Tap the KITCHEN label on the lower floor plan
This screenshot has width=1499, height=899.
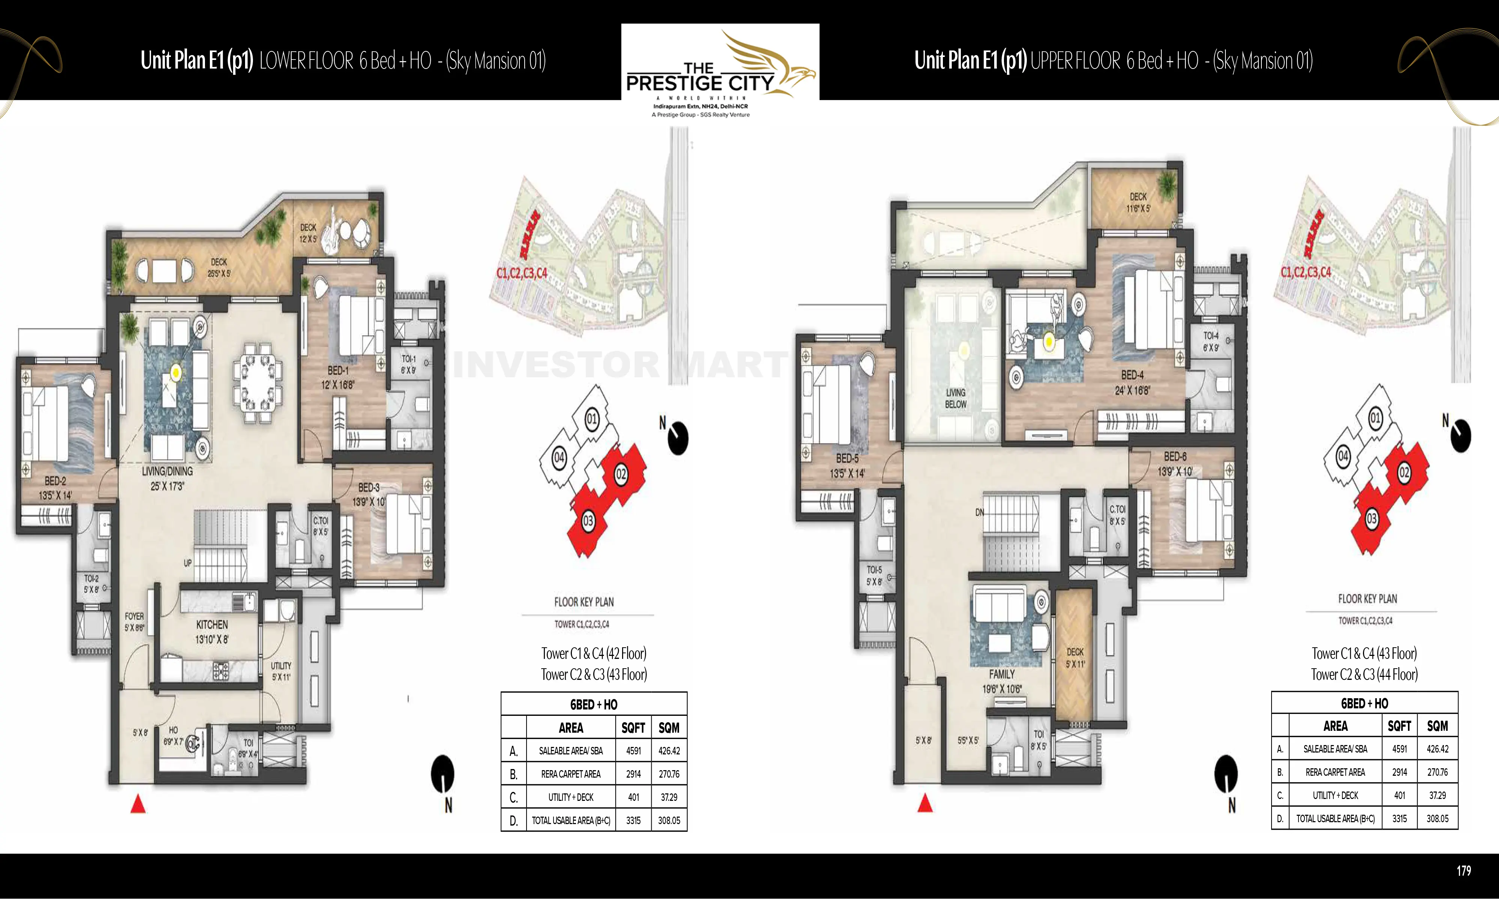(x=211, y=624)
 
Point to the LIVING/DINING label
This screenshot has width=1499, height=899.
(x=167, y=471)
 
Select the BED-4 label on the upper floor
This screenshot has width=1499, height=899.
(x=1132, y=375)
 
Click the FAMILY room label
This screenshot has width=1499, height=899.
(x=1002, y=674)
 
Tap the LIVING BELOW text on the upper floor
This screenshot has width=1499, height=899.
(x=956, y=398)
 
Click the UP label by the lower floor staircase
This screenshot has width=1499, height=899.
(x=188, y=563)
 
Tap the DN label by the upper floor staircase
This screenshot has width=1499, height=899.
(x=979, y=512)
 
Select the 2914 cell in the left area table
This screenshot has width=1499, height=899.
(x=633, y=774)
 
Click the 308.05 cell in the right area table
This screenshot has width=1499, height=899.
(x=1437, y=818)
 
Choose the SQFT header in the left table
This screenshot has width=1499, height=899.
(x=633, y=727)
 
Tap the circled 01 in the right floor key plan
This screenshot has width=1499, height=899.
(x=1375, y=417)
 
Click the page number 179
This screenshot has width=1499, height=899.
(x=1463, y=871)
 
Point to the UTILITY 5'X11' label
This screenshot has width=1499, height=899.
(x=281, y=671)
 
